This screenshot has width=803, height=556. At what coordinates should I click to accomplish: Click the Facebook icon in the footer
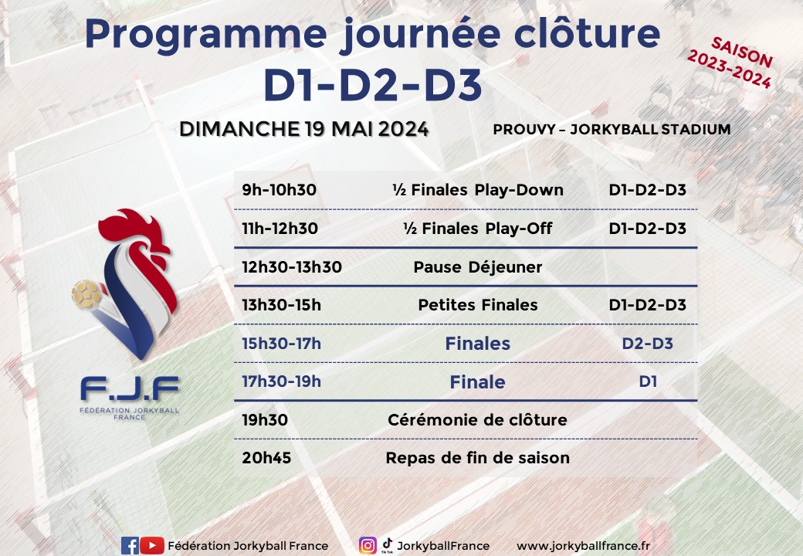pyautogui.click(x=130, y=546)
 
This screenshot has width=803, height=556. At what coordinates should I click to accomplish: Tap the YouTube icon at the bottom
pyautogui.click(x=152, y=546)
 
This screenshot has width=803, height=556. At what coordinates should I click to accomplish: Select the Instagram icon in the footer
pyautogui.click(x=368, y=546)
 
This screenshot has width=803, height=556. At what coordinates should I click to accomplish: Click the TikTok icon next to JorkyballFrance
pyautogui.click(x=387, y=544)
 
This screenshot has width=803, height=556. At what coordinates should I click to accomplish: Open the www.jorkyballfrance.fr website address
pyautogui.click(x=583, y=546)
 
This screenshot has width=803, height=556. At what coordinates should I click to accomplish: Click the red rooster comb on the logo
pyautogui.click(x=134, y=230)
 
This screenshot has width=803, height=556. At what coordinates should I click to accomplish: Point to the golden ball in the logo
pyautogui.click(x=86, y=294)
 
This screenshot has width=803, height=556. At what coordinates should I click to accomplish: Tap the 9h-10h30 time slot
pyautogui.click(x=279, y=190)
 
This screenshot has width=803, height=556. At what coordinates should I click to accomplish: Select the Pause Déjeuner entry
pyautogui.click(x=477, y=267)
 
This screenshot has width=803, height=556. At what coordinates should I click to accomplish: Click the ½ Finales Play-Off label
pyautogui.click(x=477, y=229)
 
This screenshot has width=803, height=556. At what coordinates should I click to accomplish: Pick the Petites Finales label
pyautogui.click(x=478, y=305)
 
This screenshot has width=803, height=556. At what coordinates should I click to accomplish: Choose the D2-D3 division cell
pyautogui.click(x=647, y=343)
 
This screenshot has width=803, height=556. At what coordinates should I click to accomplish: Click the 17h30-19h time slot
pyautogui.click(x=281, y=381)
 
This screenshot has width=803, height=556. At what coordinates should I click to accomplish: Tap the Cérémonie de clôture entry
pyautogui.click(x=477, y=420)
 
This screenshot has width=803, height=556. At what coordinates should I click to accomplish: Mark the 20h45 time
pyautogui.click(x=266, y=458)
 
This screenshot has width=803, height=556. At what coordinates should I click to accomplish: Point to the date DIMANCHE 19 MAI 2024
pyautogui.click(x=303, y=129)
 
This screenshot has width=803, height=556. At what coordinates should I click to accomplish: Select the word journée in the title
pyautogui.click(x=421, y=35)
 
